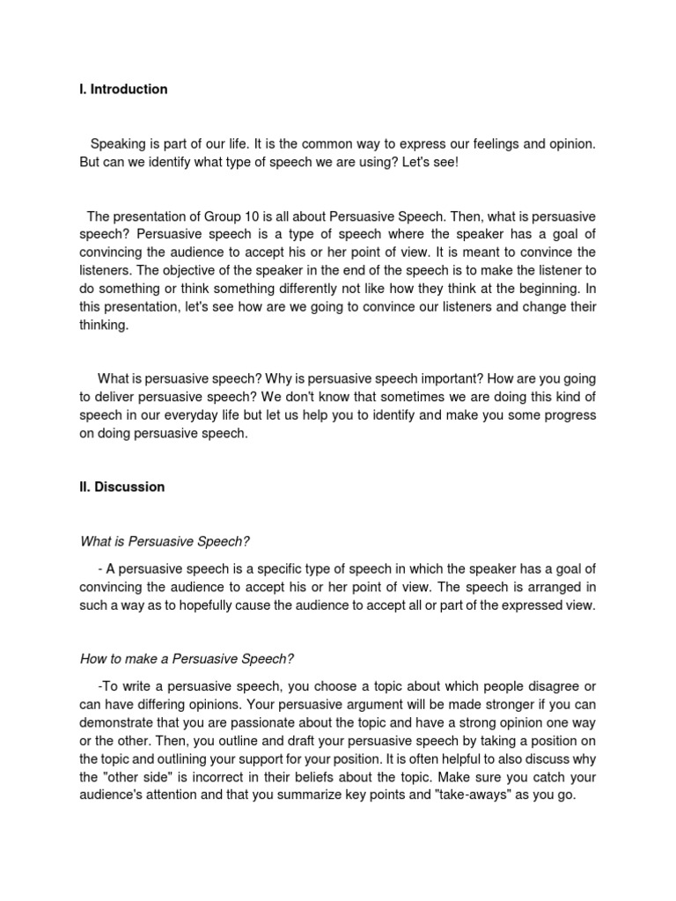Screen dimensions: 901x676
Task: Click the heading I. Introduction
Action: pyautogui.click(x=123, y=90)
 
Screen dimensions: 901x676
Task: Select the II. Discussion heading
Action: pyautogui.click(x=121, y=487)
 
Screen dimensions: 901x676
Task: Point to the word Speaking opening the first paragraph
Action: pyautogui.click(x=119, y=143)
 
